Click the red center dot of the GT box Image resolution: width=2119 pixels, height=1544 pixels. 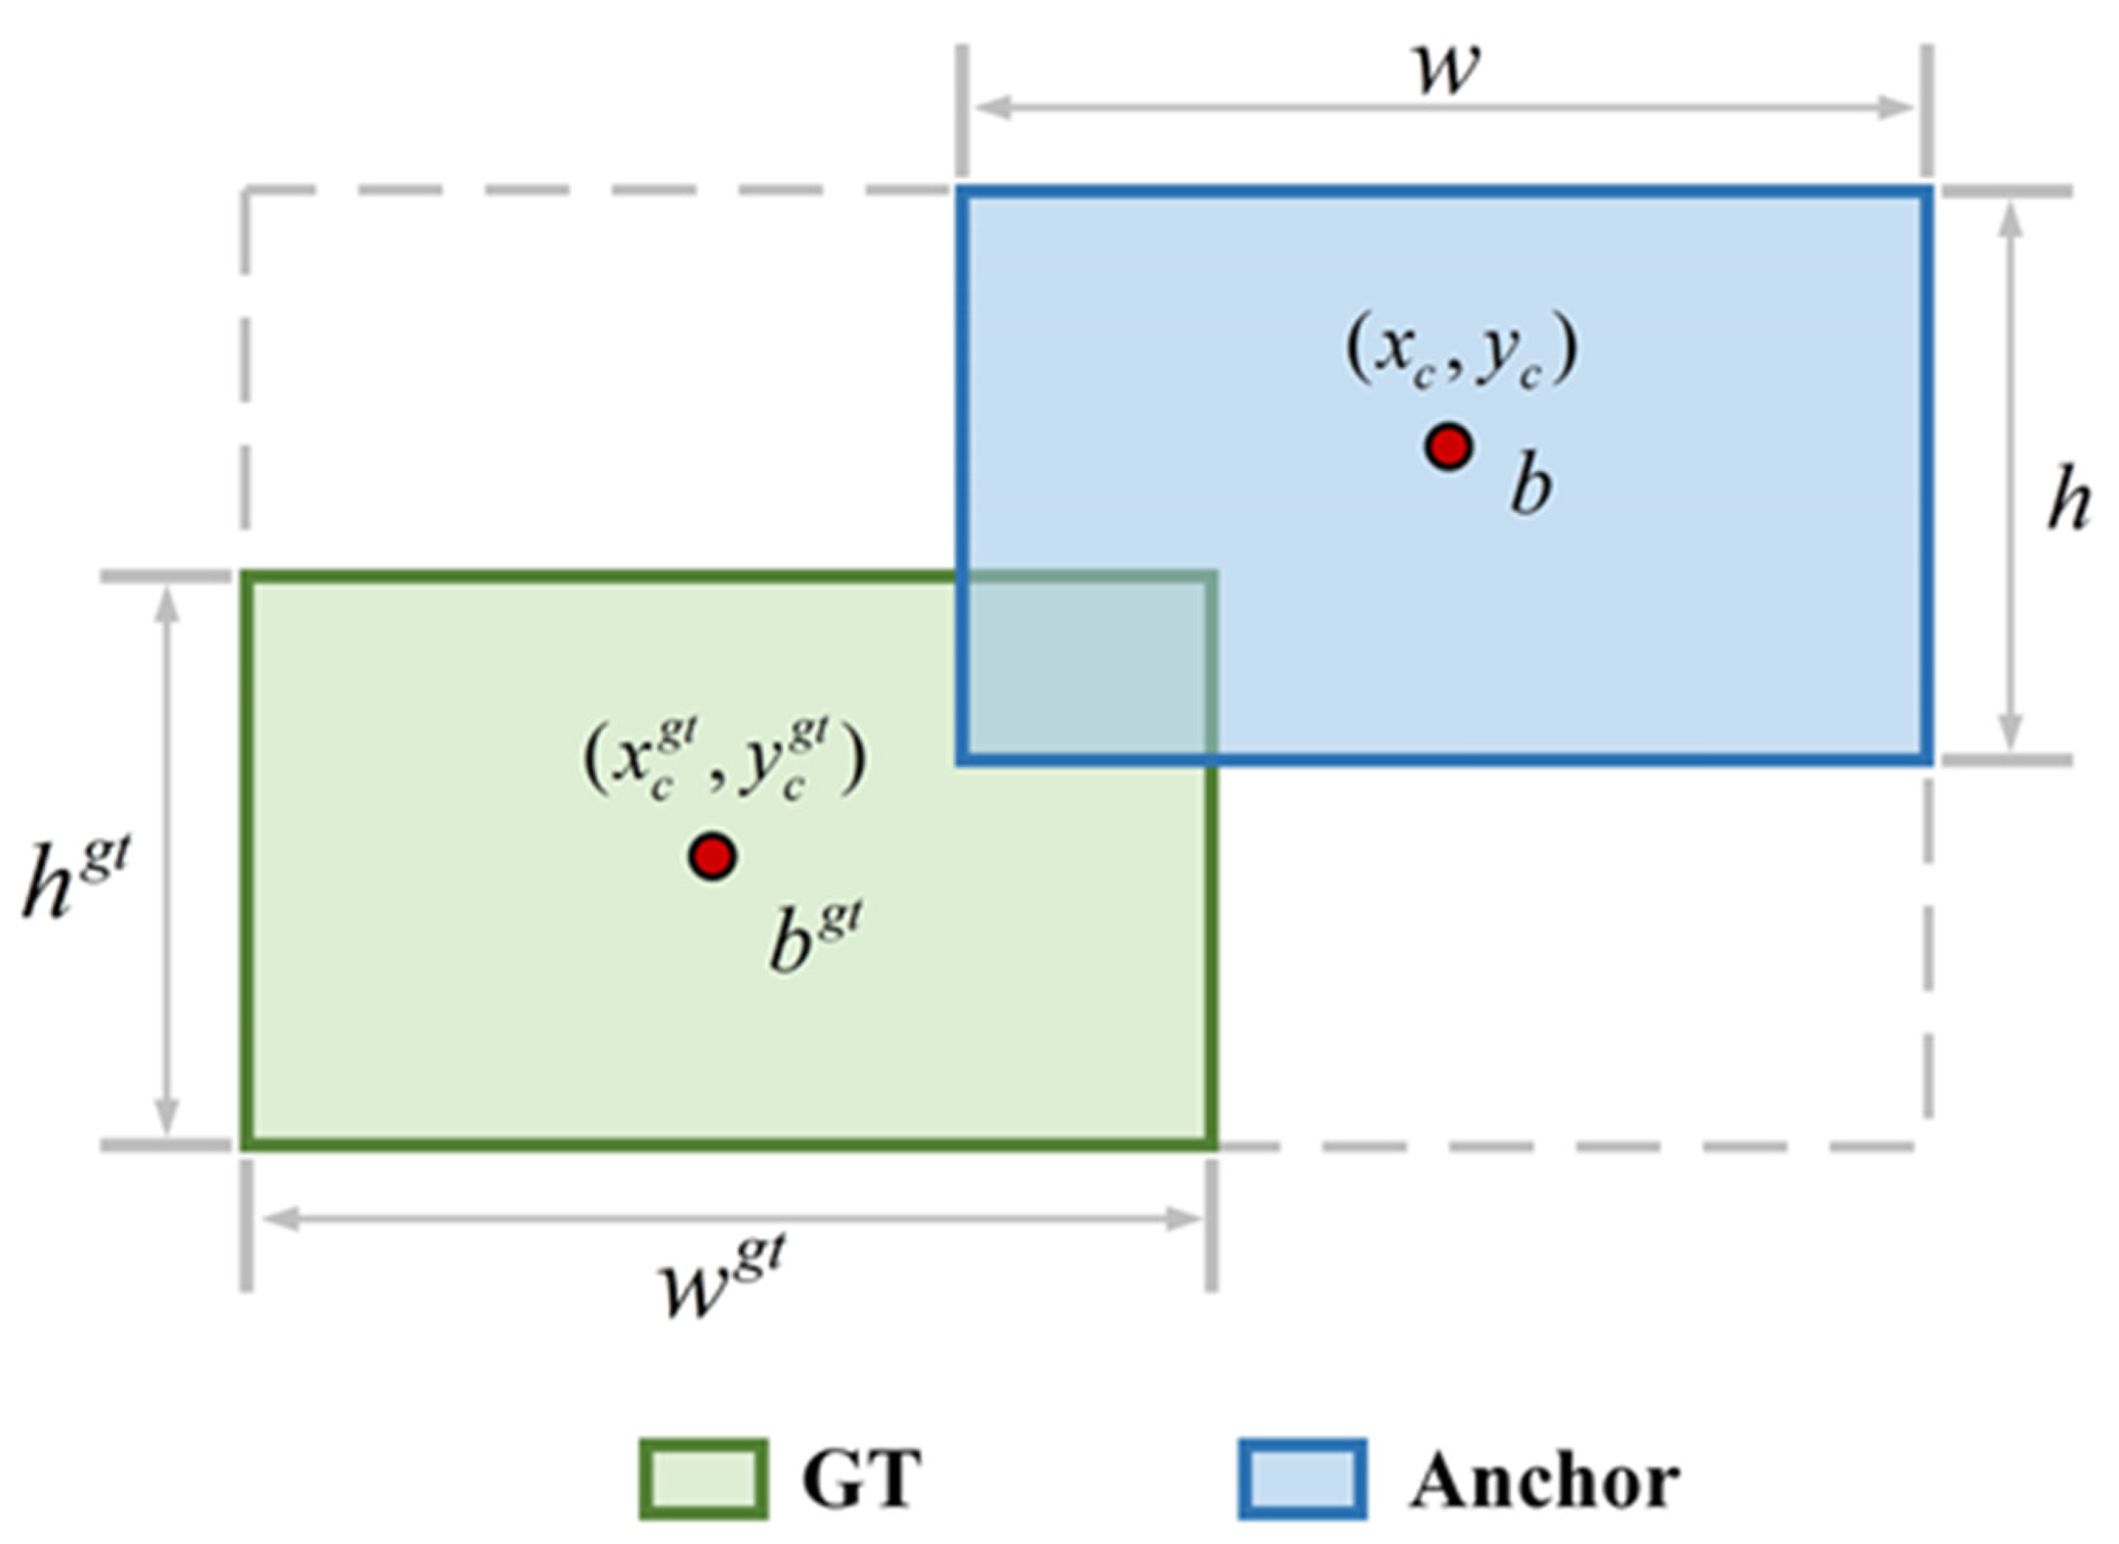point(712,855)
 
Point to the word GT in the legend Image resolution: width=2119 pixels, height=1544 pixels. point(862,1479)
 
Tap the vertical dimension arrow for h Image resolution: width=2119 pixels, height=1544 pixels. point(2011,476)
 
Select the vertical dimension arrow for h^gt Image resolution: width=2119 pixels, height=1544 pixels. point(167,860)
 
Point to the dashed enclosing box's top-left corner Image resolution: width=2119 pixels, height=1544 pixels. point(246,191)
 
